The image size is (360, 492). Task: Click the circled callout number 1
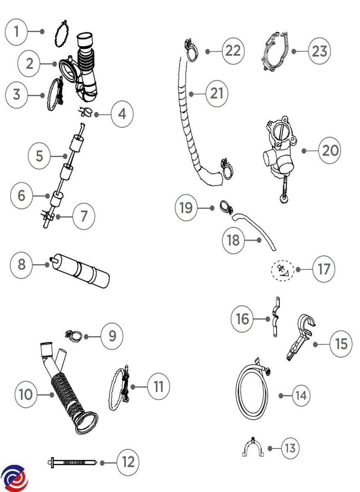pos(16,32)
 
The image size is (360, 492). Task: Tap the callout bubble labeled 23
pos(319,51)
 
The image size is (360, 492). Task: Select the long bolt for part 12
pos(72,462)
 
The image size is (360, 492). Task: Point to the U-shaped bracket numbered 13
pos(253,449)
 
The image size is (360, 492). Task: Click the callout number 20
pos(330,151)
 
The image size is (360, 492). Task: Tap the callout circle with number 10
pos(26,395)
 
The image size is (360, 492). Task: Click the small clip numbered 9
pos(73,337)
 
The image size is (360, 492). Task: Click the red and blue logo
pos(15,479)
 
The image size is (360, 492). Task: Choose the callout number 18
pos(233,239)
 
